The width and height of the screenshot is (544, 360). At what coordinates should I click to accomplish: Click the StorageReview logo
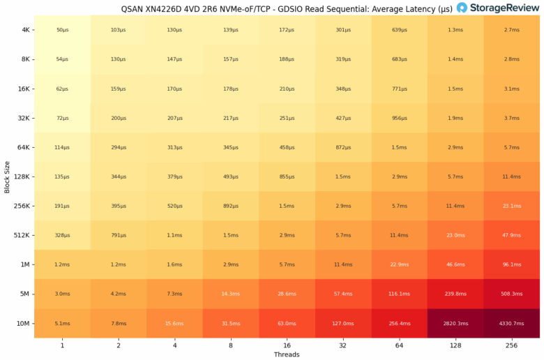point(498,8)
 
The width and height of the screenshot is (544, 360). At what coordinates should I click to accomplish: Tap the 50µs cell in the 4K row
point(63,31)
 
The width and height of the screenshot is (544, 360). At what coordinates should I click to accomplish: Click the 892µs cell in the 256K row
point(231,206)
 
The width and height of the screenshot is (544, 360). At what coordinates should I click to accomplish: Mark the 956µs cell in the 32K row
point(399,119)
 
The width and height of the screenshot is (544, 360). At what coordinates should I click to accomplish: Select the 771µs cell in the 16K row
point(399,89)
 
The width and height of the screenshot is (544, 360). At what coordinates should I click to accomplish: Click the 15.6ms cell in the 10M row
point(175,323)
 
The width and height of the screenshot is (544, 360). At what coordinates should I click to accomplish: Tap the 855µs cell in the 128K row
point(287,177)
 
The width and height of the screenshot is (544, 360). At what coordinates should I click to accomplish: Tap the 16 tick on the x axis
point(287,345)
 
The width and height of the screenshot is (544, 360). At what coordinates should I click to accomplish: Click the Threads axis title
point(287,354)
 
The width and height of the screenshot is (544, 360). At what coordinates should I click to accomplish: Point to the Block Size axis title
point(6,177)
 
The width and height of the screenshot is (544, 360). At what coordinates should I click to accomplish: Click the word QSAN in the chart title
point(125,9)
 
